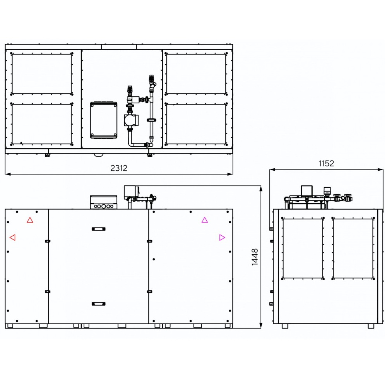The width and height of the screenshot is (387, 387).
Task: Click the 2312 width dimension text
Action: (x=119, y=168)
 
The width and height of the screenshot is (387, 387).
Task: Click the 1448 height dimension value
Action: (x=255, y=257)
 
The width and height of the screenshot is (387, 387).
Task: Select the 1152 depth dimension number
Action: (x=326, y=163)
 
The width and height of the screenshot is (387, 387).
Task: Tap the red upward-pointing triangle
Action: (x=30, y=220)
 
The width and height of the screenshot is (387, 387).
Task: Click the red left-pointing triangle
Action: (x=12, y=238)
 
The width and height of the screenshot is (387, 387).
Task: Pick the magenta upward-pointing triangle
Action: (x=205, y=220)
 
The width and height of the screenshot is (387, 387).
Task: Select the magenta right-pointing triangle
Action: (x=222, y=238)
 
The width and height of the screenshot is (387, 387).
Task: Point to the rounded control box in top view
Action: (x=104, y=120)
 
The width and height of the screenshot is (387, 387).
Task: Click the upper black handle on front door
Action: (x=98, y=229)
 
